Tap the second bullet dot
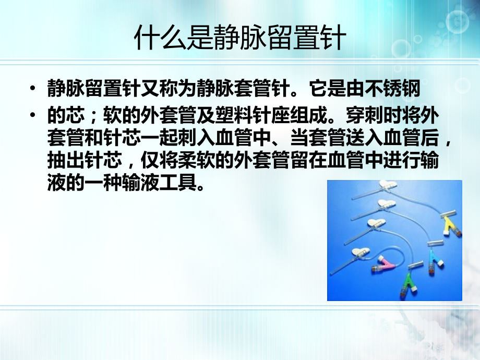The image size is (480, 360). pyautogui.click(x=34, y=114)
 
